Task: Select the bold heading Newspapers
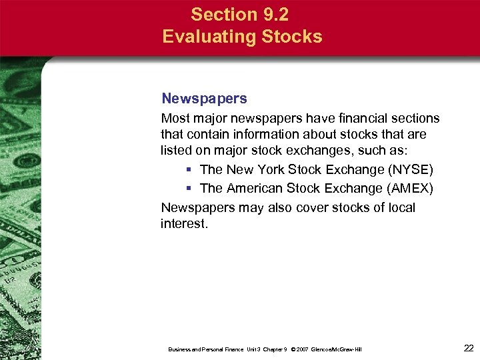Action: point(204,99)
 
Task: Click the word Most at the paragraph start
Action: point(175,119)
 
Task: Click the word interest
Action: point(184,224)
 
